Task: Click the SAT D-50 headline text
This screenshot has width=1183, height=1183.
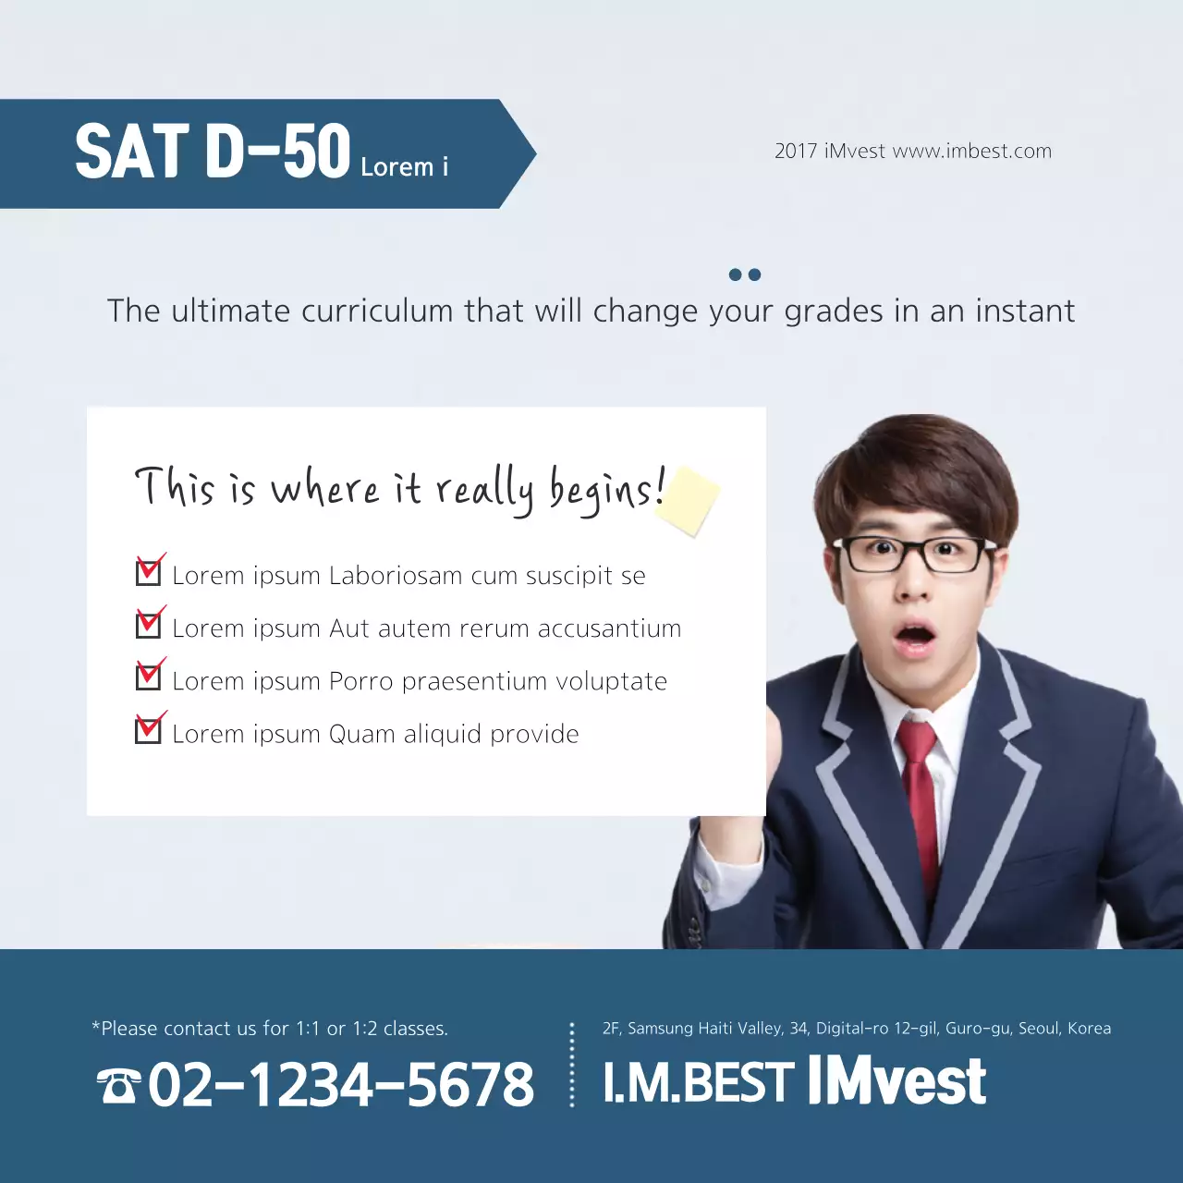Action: [213, 152]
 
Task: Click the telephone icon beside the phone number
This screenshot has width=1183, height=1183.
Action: [119, 1085]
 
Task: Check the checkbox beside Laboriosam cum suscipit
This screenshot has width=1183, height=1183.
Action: [148, 573]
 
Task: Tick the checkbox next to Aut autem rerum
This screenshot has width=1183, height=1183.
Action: [148, 626]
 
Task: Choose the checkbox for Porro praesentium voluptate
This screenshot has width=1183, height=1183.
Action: [148, 678]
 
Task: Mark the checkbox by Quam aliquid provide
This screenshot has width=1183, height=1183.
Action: [148, 731]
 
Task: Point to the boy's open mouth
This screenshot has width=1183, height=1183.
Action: [915, 637]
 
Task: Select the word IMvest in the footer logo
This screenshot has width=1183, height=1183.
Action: [896, 1081]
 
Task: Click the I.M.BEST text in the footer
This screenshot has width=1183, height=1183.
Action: [698, 1083]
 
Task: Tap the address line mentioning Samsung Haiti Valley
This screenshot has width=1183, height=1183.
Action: [856, 1029]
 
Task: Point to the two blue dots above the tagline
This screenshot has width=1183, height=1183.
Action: [745, 274]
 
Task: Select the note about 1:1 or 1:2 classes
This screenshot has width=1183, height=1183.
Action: [270, 1029]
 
